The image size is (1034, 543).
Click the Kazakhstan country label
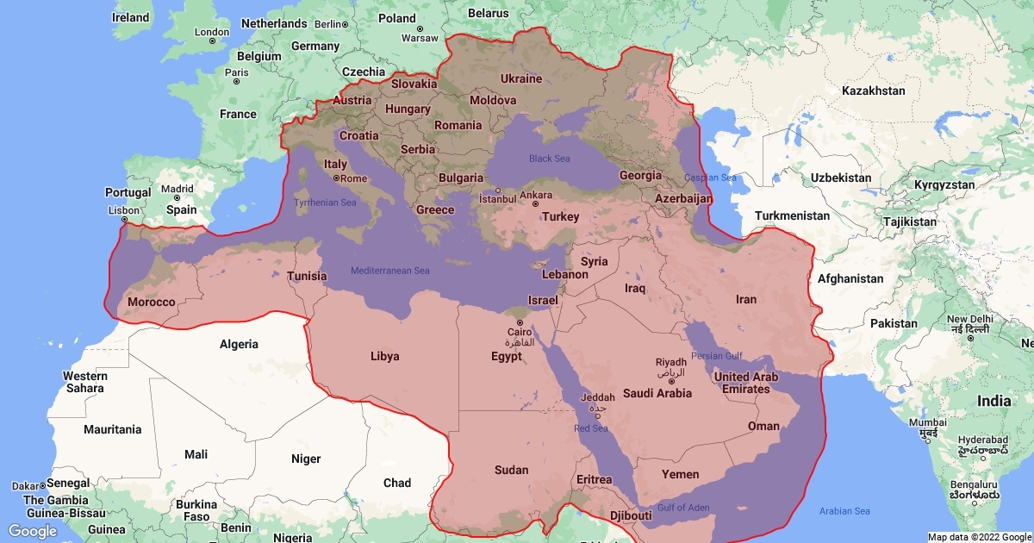[x=874, y=90]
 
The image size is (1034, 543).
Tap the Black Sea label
[x=549, y=159]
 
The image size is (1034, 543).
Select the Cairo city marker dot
[x=520, y=322]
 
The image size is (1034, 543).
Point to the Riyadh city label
[x=671, y=362]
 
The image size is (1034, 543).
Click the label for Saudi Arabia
[x=657, y=393]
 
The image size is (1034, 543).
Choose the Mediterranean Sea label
[x=389, y=271]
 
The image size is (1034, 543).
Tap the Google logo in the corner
[x=33, y=530]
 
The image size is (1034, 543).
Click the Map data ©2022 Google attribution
[x=979, y=537]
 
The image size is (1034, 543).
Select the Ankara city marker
[x=535, y=204]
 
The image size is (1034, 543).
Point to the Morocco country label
[x=151, y=303]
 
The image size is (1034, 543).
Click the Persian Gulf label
[x=718, y=356]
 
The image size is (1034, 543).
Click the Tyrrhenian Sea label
[x=325, y=203]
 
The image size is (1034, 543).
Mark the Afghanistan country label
[x=850, y=278]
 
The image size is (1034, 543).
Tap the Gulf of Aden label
[x=683, y=508]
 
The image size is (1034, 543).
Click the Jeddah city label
[x=598, y=397]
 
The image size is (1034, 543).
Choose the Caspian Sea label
[x=710, y=178]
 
